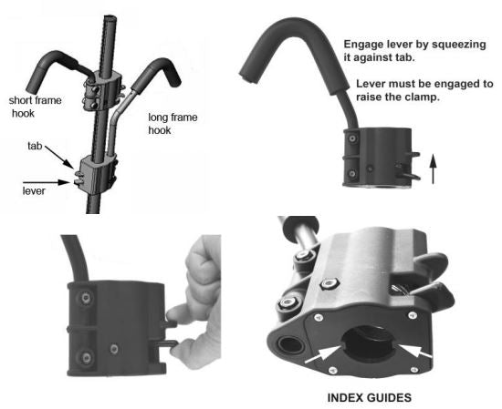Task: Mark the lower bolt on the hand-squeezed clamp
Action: point(83,356)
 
